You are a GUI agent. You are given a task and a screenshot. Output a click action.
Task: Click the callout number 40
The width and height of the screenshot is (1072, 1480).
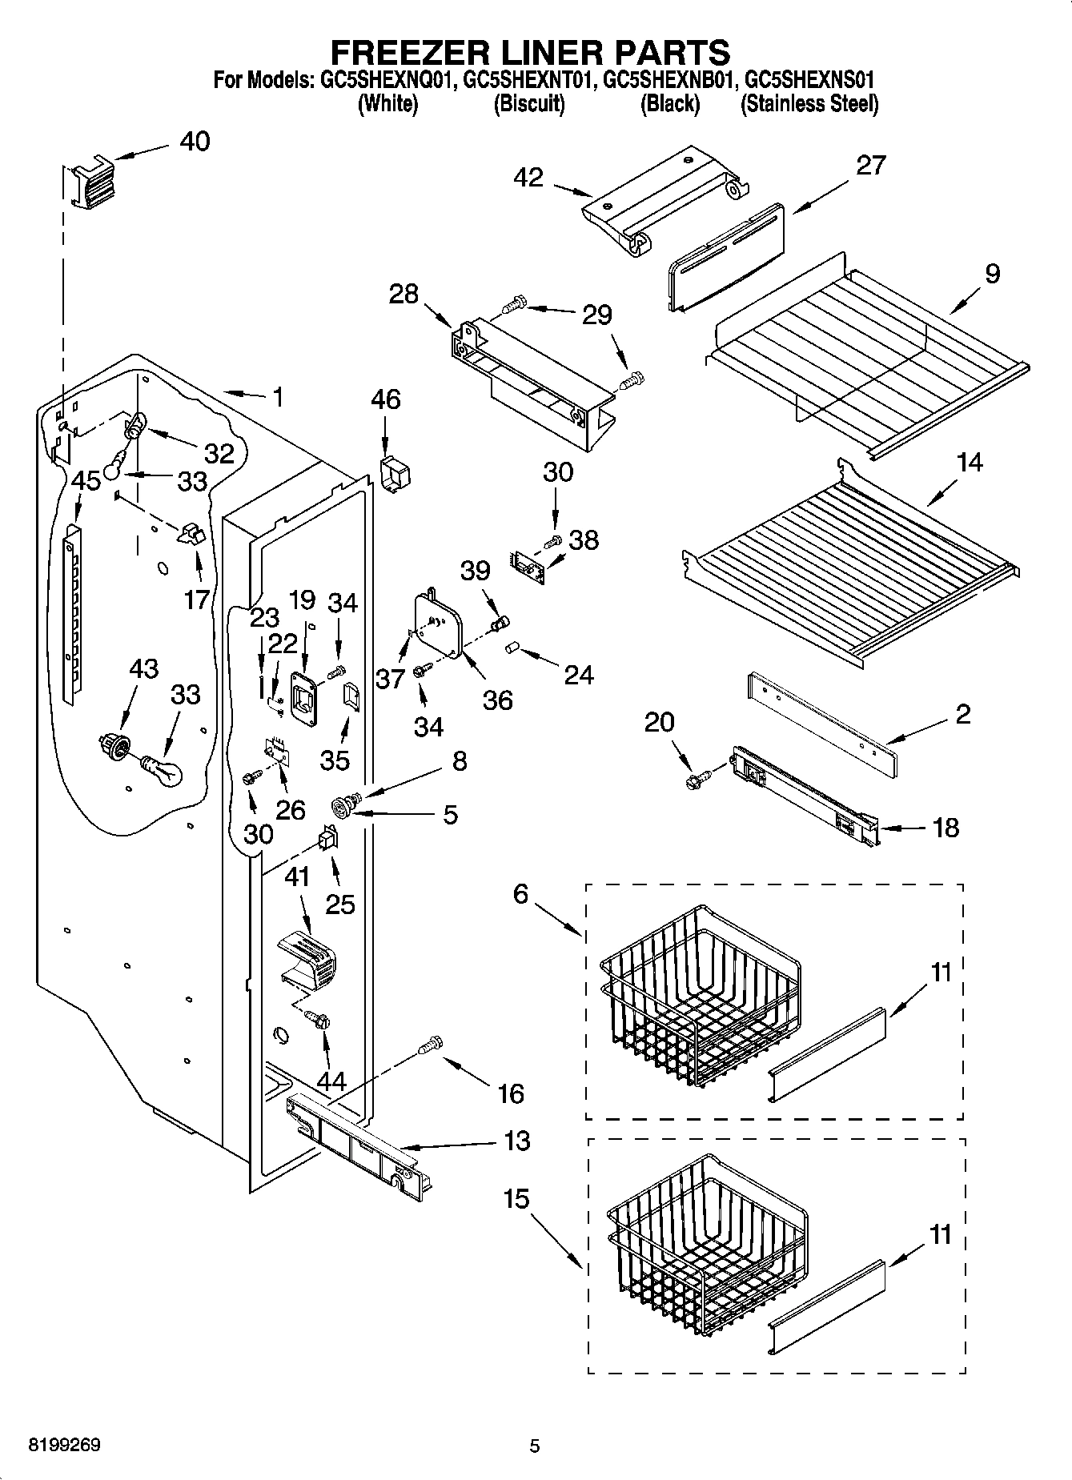[x=195, y=142]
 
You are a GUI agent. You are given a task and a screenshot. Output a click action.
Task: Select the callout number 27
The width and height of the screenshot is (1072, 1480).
[x=870, y=165]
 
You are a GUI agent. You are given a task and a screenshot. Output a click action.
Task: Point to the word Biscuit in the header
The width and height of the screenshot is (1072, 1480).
[x=529, y=104]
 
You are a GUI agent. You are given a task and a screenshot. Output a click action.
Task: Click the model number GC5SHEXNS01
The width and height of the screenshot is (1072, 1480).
[x=809, y=80]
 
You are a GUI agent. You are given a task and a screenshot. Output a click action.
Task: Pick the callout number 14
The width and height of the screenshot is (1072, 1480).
[x=969, y=462]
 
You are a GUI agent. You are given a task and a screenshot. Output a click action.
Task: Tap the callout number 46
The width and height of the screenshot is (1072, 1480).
[x=385, y=399]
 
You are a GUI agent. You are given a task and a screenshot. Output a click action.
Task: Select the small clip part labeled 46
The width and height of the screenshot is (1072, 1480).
[x=394, y=474]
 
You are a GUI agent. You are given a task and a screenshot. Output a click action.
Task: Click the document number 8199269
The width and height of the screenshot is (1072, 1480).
[x=65, y=1446]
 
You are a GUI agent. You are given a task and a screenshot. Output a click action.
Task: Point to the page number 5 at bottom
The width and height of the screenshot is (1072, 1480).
[x=535, y=1446]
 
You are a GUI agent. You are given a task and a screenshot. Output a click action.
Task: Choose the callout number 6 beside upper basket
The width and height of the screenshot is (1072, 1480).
[x=520, y=893]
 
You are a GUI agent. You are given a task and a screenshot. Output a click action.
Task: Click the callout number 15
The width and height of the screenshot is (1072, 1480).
[x=517, y=1199]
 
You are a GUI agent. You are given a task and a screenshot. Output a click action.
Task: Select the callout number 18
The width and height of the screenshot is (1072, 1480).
[x=946, y=828]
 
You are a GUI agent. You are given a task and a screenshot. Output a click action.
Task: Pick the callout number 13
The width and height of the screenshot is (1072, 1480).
[x=517, y=1141]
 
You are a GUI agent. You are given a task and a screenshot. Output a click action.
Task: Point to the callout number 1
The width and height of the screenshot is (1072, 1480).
[x=277, y=397]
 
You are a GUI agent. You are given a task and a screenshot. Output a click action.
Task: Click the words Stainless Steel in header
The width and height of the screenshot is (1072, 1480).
[x=809, y=104]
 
